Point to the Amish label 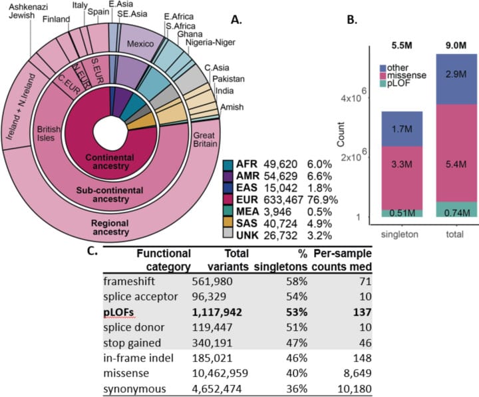coord(231,107)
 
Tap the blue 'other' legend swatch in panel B coord(385,68)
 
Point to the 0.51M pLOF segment coord(405,212)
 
